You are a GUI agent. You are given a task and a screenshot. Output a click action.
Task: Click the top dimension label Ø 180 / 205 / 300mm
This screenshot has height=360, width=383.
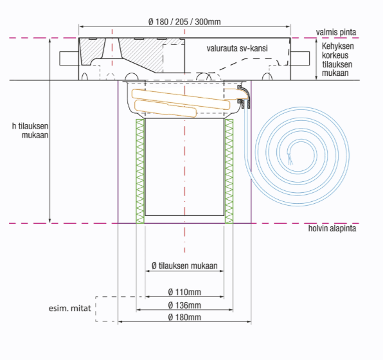click(184, 22)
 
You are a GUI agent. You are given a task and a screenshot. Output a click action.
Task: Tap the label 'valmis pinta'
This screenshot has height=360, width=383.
click(336, 32)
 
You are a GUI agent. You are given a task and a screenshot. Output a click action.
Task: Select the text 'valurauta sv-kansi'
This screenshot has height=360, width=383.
click(237, 48)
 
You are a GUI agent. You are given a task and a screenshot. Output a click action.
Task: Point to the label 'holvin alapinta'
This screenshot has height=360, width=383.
click(332, 228)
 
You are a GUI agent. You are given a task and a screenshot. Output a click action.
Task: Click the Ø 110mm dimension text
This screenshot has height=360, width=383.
click(184, 292)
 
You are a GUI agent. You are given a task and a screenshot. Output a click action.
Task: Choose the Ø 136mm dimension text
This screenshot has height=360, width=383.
click(184, 305)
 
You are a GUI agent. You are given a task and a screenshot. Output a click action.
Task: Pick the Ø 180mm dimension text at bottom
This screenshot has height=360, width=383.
click(184, 317)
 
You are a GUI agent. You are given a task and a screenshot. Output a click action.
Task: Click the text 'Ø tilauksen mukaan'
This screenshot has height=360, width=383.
click(184, 265)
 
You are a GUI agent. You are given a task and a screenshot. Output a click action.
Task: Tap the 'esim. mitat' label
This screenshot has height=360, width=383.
click(69, 309)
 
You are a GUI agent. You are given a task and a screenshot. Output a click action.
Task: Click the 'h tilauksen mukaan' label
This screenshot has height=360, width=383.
click(30, 130)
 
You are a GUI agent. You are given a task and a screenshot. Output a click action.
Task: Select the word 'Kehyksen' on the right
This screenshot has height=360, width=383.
click(337, 46)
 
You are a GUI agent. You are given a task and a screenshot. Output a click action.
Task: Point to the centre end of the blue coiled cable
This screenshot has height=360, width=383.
click(290, 159)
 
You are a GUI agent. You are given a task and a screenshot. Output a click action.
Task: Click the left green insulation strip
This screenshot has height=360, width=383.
click(140, 171)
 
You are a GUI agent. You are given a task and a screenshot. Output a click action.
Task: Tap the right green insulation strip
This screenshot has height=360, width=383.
click(229, 171)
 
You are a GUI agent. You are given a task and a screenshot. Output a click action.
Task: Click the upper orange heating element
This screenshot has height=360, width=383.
click(181, 99)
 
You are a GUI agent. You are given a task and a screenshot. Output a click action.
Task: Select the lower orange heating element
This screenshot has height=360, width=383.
click(166, 109)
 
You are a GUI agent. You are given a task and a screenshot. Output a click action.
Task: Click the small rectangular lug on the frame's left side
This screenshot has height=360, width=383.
click(69, 59)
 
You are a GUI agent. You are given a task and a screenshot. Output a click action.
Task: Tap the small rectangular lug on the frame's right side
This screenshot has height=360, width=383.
click(300, 59)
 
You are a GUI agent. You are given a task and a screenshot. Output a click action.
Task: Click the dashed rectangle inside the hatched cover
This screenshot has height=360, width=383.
click(174, 59)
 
